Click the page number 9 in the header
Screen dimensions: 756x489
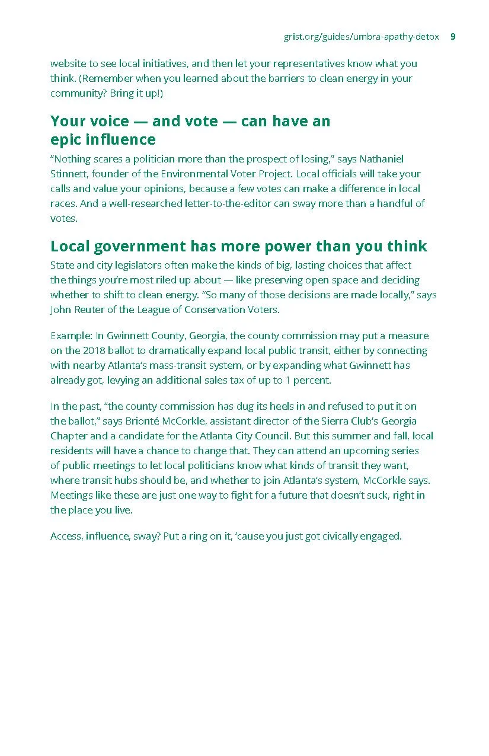coord(453,37)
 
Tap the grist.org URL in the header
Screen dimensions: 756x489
coord(361,37)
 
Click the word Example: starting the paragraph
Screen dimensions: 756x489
coord(69,336)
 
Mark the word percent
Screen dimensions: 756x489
coord(309,380)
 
